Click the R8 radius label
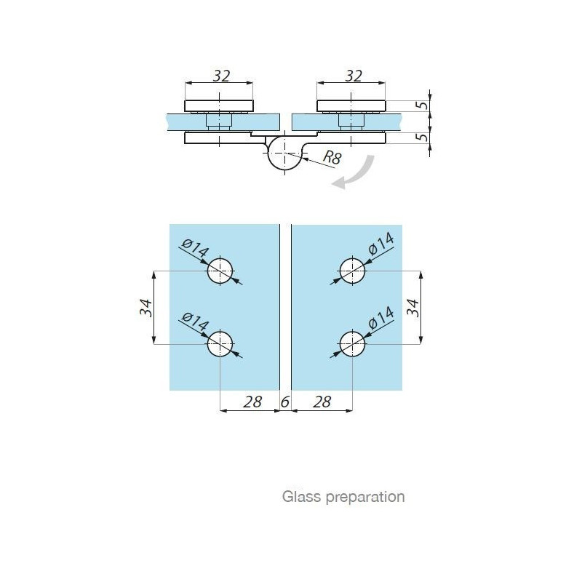332,157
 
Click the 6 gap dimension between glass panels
285,402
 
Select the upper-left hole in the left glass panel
220,271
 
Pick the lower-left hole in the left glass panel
220,344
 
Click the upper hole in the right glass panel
352,271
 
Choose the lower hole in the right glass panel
352,344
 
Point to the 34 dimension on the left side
146,307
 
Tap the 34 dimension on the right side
412,307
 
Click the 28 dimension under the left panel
252,402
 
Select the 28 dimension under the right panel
322,402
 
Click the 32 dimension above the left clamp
222,76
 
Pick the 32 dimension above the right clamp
354,76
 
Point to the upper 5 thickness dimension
423,105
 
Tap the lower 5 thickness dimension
423,137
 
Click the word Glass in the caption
301,496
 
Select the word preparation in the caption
365,498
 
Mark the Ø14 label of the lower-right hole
381,318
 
